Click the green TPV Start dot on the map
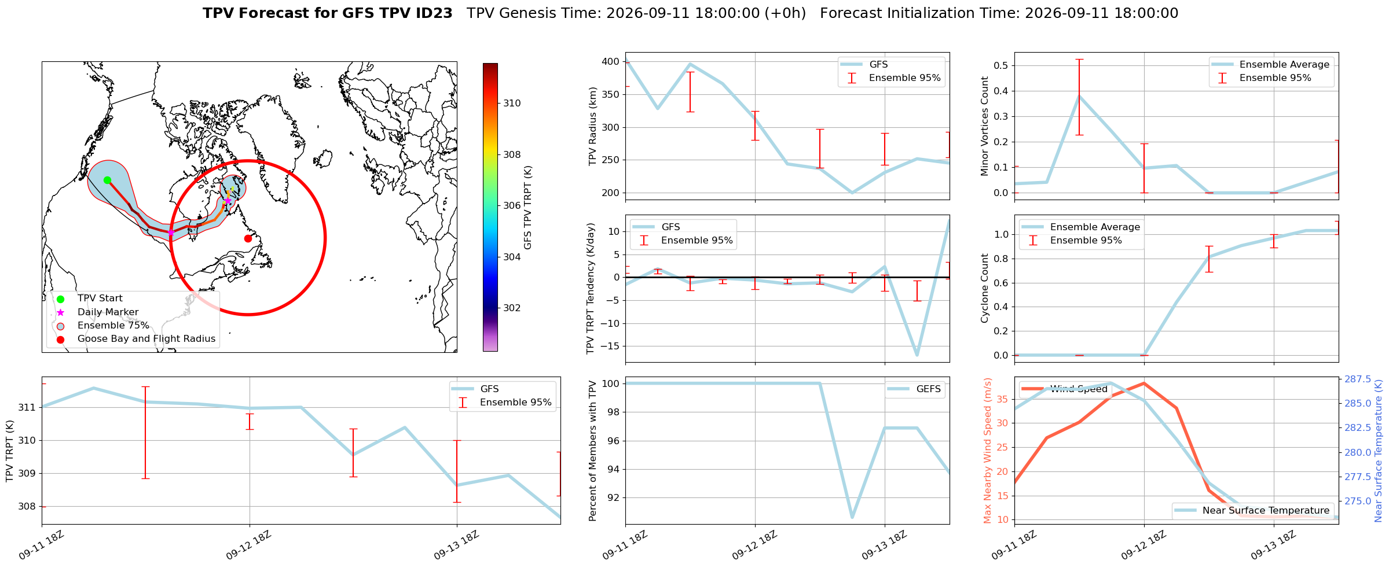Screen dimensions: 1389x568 [x=107, y=180]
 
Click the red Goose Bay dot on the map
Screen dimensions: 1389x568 [x=248, y=238]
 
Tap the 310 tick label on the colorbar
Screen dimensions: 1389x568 [x=512, y=104]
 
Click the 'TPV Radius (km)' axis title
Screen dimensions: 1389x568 [x=592, y=126]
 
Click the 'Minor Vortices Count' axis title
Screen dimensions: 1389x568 [x=984, y=126]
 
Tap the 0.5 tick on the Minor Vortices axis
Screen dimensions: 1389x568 [x=1000, y=65]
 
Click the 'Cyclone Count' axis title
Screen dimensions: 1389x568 [x=984, y=288]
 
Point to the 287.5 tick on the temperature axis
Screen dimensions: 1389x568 [x=1358, y=379]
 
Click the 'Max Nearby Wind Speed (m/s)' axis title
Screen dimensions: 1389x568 [x=987, y=451]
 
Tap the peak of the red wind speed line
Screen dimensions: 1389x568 [x=1144, y=383]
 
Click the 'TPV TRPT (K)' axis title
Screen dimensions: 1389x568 [x=9, y=451]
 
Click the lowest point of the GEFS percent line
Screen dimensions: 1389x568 [x=852, y=518]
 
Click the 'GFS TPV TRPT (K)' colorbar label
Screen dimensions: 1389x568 [x=527, y=208]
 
